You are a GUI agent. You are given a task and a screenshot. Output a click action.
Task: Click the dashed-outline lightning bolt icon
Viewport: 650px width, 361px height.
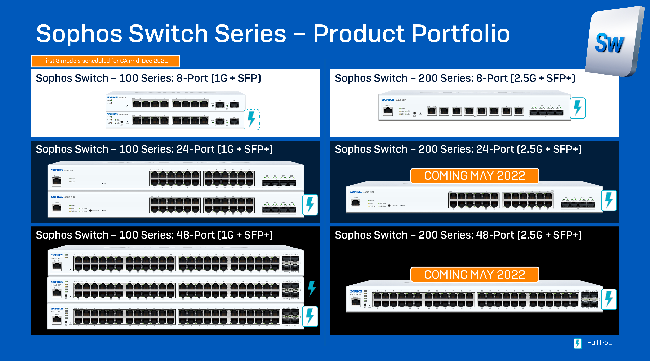tap(251, 119)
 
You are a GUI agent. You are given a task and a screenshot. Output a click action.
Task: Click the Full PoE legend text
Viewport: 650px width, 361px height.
tap(599, 343)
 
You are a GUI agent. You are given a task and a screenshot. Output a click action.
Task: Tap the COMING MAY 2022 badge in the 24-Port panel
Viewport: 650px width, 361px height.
tap(475, 176)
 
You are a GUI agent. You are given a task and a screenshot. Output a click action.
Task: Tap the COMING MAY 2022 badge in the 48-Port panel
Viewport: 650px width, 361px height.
tap(475, 275)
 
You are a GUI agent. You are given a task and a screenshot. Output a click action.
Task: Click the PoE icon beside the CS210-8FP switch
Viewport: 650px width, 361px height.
tap(578, 108)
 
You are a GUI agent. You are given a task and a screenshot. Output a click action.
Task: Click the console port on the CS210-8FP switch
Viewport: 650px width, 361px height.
tap(388, 111)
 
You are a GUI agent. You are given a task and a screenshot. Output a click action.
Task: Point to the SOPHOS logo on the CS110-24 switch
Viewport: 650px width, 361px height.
tap(57, 170)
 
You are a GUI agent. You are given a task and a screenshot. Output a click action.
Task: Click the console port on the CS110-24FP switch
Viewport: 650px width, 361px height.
tap(57, 208)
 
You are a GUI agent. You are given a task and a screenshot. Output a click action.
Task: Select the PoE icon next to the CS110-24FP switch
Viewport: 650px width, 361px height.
tap(310, 205)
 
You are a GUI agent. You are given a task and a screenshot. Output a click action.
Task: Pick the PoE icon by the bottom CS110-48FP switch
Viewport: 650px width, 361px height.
tap(310, 316)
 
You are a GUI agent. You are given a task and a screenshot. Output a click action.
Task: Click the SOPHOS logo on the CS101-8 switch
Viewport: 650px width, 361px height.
tap(112, 97)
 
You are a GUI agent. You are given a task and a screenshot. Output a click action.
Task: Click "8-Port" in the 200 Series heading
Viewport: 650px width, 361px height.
tap(491, 78)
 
